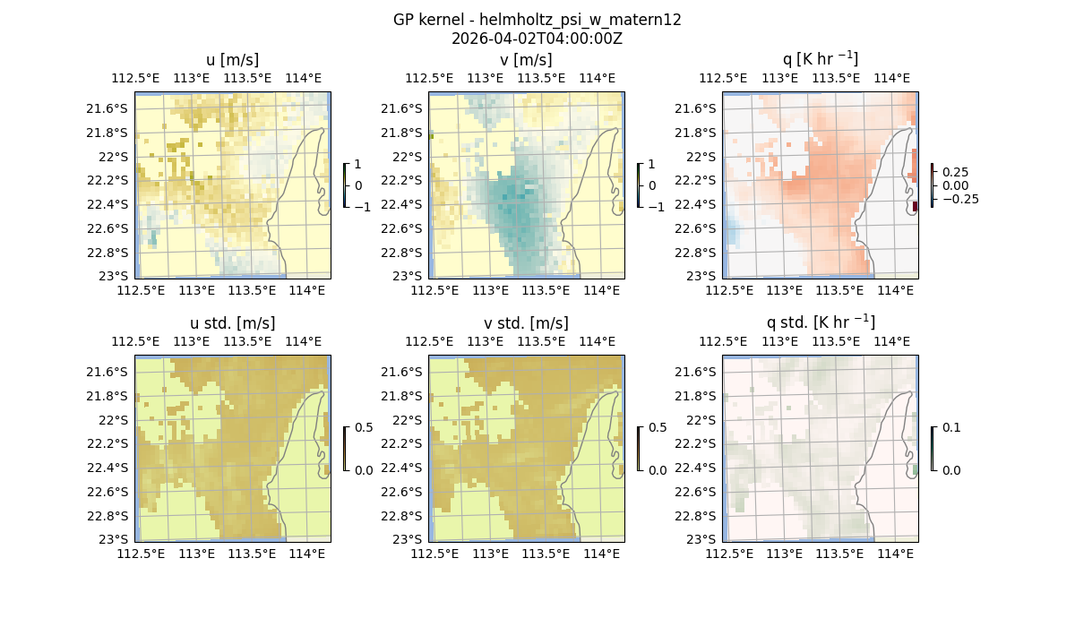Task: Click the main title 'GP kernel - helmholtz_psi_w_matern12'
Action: point(537,20)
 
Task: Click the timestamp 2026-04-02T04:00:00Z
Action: point(537,39)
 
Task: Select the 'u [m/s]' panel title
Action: point(232,60)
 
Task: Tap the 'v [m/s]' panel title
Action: point(526,60)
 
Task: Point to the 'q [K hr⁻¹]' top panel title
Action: point(820,59)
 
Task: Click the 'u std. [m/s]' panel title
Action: point(232,323)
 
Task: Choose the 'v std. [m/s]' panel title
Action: point(526,323)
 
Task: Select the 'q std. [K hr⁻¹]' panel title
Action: point(820,322)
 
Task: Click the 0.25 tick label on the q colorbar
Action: point(954,172)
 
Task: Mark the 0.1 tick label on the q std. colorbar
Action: point(950,427)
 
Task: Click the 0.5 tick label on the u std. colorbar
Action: point(364,427)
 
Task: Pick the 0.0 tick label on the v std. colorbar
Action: point(658,469)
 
